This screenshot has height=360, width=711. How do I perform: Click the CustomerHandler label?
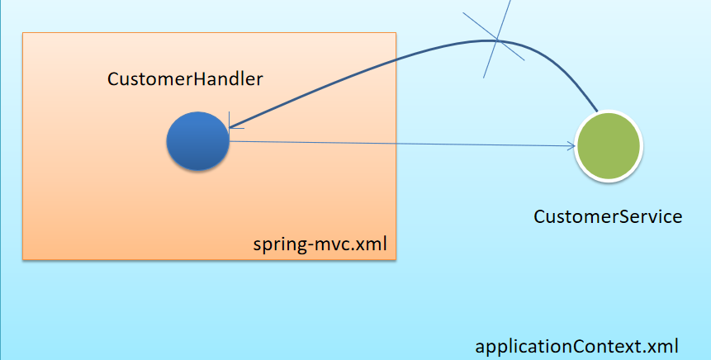(185, 79)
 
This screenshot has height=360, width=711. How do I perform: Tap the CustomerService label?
(608, 216)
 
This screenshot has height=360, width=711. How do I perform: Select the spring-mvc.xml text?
(320, 244)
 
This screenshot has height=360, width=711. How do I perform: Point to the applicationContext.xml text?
(576, 347)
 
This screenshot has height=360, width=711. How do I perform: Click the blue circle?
(197, 141)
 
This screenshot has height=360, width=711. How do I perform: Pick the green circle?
(608, 146)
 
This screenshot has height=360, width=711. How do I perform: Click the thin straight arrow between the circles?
(402, 144)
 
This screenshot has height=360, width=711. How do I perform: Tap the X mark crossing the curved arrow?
(496, 40)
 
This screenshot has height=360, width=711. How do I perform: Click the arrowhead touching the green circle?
(572, 145)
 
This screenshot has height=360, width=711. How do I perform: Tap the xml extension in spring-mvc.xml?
(370, 244)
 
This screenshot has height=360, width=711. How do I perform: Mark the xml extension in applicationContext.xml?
(661, 347)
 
